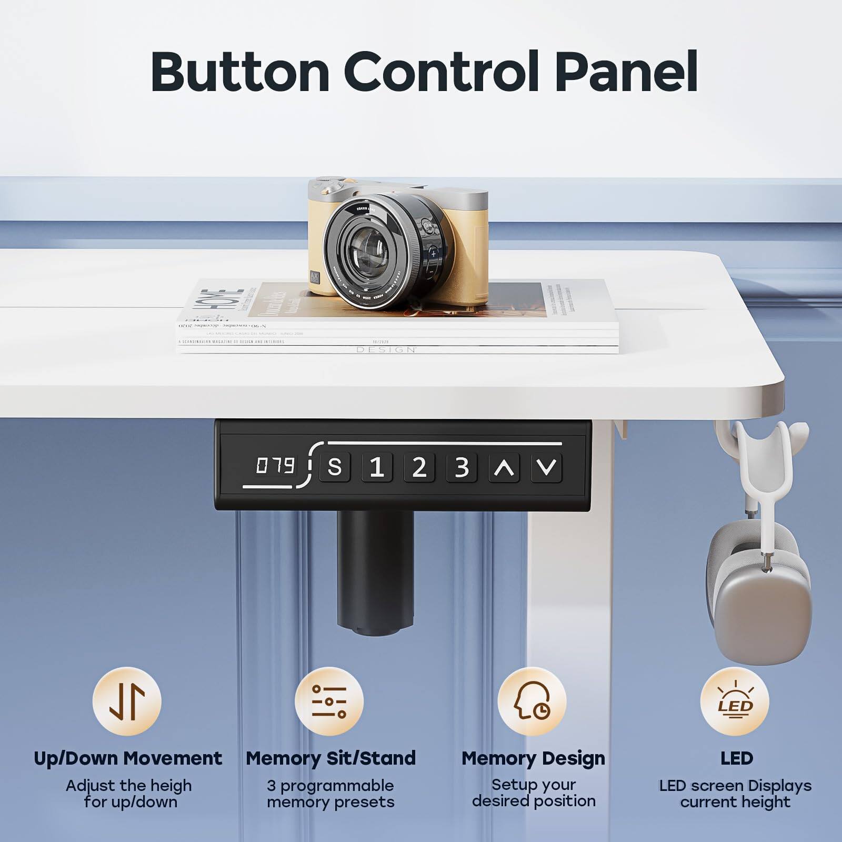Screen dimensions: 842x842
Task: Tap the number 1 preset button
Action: point(377,467)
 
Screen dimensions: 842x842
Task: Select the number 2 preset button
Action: point(419,467)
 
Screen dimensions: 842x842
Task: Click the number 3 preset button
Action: point(462,467)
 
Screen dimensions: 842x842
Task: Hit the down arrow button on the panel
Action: point(547,467)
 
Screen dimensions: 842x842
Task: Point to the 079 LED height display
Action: point(275,466)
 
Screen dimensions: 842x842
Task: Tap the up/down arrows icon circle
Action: point(127,701)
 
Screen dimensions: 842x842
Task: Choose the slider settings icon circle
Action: point(329,701)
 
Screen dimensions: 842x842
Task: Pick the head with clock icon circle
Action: point(532,701)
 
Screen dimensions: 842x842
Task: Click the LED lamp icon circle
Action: point(735,701)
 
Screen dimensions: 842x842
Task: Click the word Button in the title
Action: point(240,73)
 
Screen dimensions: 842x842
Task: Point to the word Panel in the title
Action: point(626,73)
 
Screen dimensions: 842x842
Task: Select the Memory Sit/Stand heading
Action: point(330,758)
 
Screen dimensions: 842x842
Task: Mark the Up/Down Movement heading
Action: point(128,758)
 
